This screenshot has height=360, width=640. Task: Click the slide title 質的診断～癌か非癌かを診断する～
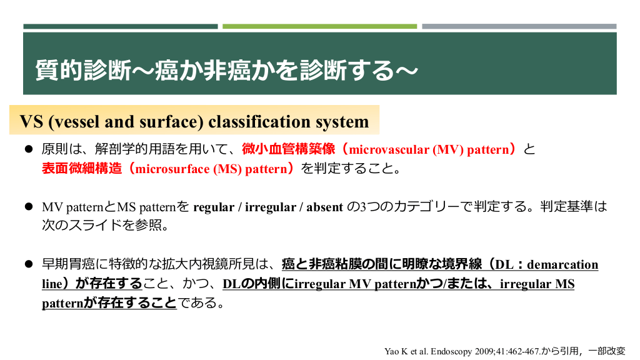tap(226, 70)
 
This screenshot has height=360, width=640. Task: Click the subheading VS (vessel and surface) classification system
tap(194, 122)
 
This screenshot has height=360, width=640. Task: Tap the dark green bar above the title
tap(121, 26)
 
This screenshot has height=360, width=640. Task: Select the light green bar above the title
tap(319, 26)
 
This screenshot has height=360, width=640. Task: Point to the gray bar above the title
tap(519, 26)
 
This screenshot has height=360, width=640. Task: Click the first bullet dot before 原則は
tap(29, 149)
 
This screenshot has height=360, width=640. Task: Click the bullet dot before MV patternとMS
tap(29, 206)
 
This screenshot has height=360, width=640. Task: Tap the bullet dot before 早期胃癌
tap(29, 264)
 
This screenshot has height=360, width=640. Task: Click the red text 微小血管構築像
tap(289, 149)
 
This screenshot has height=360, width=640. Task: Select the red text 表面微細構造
tap(82, 168)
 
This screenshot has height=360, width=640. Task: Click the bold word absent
tap(324, 207)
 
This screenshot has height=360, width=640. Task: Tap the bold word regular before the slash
tap(214, 207)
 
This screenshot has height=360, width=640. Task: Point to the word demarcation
tap(562, 264)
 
